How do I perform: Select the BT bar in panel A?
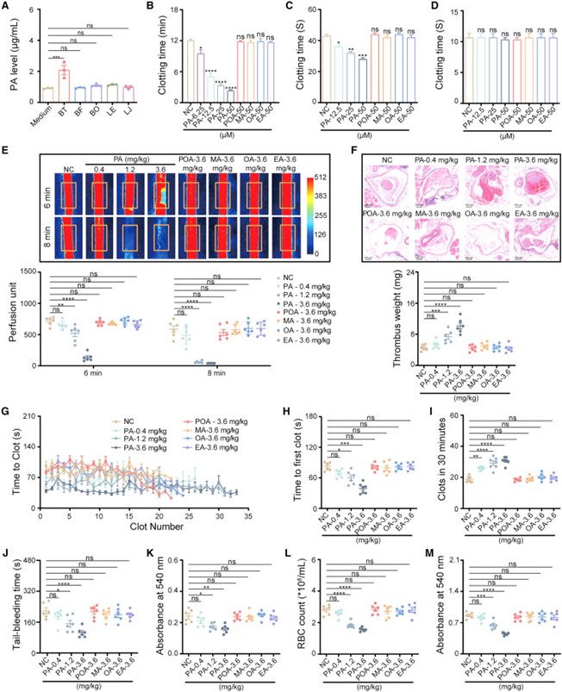point(63,78)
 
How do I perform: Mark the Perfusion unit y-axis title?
point(12,319)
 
